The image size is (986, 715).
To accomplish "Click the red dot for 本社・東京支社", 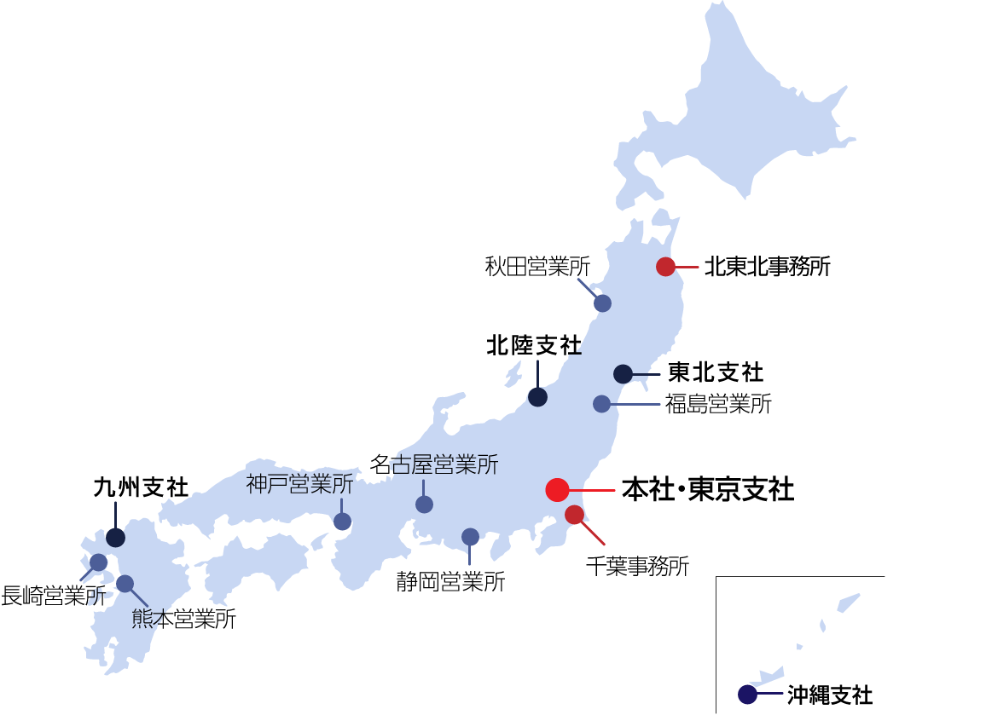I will pos(557,490).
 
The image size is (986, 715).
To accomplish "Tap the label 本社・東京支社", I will pos(708,490).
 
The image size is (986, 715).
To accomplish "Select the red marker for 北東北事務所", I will pos(665,267).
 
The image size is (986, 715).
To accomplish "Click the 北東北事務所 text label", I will pos(767,267).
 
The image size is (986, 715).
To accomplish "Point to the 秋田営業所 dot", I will pos(602,303).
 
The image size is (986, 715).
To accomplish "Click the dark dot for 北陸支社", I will pos(537,396).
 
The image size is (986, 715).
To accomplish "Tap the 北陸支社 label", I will pos(534,345).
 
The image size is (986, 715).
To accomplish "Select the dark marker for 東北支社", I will pos(623,373).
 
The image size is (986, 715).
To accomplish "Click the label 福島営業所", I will pos(718,404).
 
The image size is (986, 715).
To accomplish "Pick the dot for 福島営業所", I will pos(601,404).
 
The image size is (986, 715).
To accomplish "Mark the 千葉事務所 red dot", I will pos(574,514).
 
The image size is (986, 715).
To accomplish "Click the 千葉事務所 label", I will pos(637,565).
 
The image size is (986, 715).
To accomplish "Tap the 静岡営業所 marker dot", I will pos(470,536).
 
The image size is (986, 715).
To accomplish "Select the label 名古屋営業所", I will pos(434,464).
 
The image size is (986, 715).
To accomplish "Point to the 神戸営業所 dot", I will pos(342,522).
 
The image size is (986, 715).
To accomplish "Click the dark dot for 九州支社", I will pos(115,538).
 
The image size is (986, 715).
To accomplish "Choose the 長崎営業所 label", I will pos(53,595).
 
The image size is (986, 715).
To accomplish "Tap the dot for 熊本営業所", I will pos(125,584).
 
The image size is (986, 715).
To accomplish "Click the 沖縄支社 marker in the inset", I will pos(747,695).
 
